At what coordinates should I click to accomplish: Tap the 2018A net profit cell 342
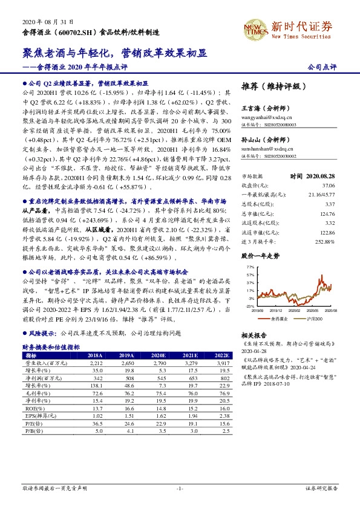pyautogui.click(x=93, y=378)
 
